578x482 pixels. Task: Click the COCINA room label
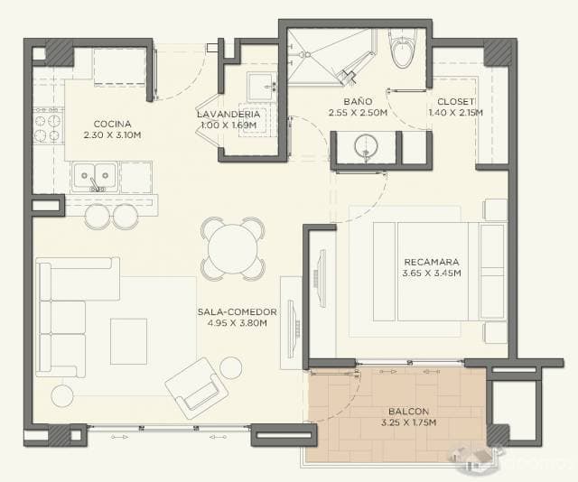tap(112, 124)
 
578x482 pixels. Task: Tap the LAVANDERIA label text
tap(228, 115)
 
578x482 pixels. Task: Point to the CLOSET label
tap(455, 101)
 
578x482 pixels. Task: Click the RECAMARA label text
tap(432, 262)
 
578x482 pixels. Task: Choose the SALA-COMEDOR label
tap(237, 311)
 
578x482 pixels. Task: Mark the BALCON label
tap(409, 412)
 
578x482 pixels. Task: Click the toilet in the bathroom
tap(404, 49)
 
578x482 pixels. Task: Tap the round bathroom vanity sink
tap(366, 147)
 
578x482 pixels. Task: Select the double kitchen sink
tap(95, 176)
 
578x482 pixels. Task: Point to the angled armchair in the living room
tap(196, 388)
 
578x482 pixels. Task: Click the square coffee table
tap(128, 341)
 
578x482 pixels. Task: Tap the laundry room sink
tap(262, 87)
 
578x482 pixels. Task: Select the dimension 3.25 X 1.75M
tap(409, 422)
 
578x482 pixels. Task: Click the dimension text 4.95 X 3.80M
tap(237, 323)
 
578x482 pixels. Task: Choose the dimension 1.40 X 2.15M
tap(455, 113)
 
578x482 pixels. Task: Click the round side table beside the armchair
tap(231, 367)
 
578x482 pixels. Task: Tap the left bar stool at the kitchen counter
tap(97, 217)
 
